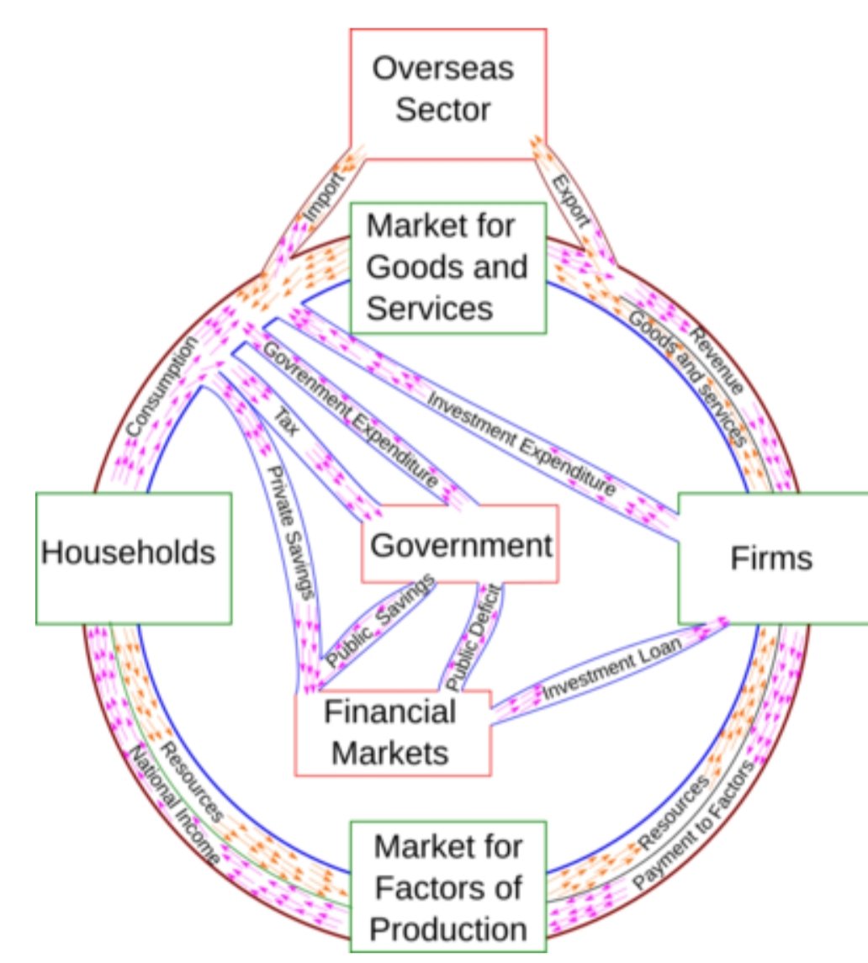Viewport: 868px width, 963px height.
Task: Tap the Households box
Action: [x=133, y=558]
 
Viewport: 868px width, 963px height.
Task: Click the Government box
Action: [x=459, y=544]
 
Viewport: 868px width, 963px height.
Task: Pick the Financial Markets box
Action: [x=392, y=732]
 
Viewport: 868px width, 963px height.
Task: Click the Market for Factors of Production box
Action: [x=448, y=886]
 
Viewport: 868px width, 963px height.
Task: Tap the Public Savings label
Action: [x=380, y=622]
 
